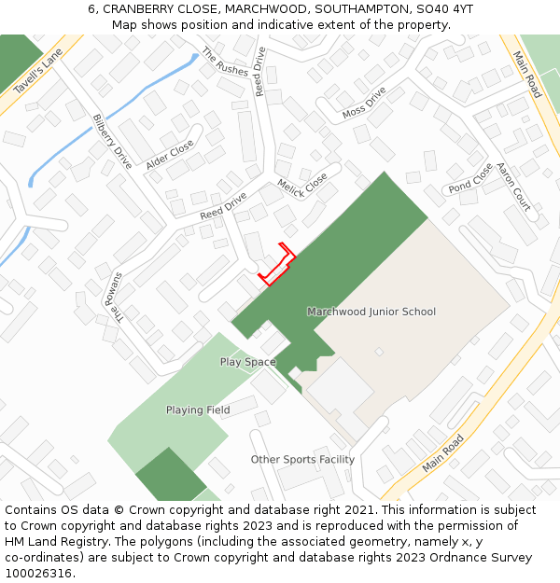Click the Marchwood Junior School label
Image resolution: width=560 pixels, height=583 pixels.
coord(371,312)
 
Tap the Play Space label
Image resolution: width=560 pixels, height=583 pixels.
coord(247,362)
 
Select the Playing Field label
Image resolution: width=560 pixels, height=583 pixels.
coord(198,409)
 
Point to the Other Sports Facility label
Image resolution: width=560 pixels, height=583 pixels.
coord(302,459)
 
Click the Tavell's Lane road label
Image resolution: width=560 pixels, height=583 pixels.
coord(38,71)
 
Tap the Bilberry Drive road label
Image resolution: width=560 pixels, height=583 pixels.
coord(112,141)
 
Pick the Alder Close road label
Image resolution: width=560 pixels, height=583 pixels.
coord(170,154)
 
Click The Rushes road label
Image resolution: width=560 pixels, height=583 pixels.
coord(226,62)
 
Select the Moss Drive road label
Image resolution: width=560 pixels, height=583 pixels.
coord(364,103)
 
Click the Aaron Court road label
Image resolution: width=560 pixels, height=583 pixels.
coord(512,187)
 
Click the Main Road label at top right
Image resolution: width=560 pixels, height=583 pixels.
coord(527,75)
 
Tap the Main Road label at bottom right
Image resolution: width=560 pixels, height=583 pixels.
coord(442,452)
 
